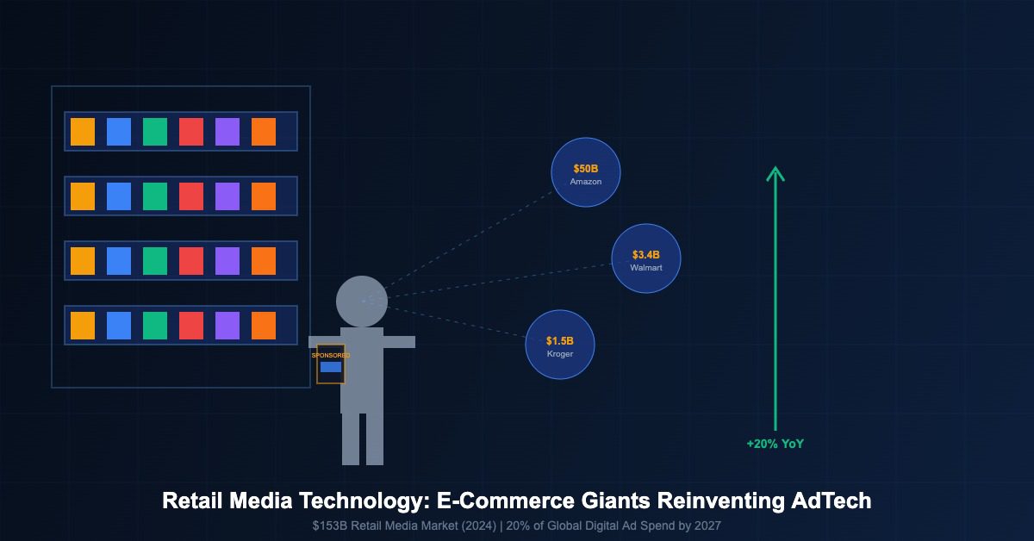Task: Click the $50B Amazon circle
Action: (x=586, y=172)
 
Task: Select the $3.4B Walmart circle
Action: (x=646, y=258)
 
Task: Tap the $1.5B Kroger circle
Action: (x=560, y=345)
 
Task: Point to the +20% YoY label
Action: (x=775, y=445)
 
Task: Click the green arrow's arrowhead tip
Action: (x=775, y=168)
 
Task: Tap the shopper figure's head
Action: (x=362, y=302)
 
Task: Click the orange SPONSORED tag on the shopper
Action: (x=331, y=355)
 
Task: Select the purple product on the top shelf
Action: (x=227, y=131)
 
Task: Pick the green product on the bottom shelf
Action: (x=155, y=326)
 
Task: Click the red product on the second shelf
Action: (x=191, y=196)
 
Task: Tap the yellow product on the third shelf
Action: (x=83, y=260)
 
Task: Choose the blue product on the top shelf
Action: (x=119, y=131)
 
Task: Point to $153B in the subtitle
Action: (x=329, y=525)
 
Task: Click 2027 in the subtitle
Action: (x=705, y=525)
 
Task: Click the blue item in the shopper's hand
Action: (x=331, y=367)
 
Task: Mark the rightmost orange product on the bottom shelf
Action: (x=264, y=326)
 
